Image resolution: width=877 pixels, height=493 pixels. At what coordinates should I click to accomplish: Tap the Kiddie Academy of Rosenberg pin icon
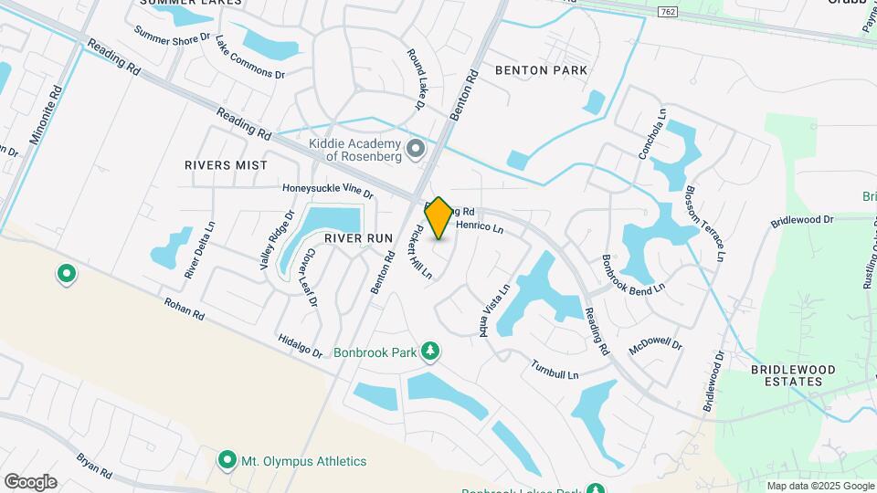(417, 148)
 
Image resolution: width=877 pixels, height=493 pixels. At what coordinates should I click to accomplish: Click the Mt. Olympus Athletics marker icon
(227, 461)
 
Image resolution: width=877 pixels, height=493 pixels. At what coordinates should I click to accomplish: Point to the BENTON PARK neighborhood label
(541, 70)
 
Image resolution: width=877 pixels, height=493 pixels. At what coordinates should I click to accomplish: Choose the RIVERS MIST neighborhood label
(226, 165)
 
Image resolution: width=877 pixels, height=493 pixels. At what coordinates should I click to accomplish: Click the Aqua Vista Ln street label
(494, 311)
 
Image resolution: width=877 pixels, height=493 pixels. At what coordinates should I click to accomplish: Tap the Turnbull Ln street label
(555, 369)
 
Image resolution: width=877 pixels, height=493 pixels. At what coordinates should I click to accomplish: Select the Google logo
(30, 481)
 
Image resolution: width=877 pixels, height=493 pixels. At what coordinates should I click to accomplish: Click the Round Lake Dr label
(417, 80)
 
